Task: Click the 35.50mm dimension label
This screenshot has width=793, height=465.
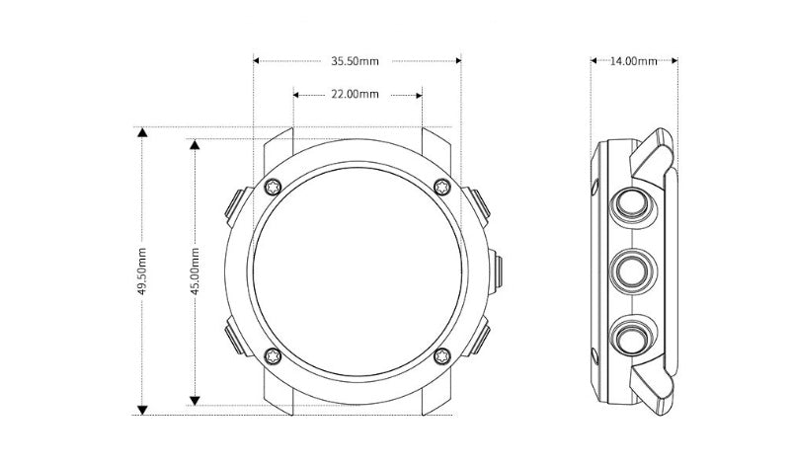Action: (355, 61)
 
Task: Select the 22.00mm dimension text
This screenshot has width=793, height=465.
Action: (355, 94)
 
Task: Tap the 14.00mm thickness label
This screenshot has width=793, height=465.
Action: (634, 61)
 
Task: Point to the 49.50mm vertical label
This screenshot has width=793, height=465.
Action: (142, 271)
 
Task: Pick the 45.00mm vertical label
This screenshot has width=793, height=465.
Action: (196, 271)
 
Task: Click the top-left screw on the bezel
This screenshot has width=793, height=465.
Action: (274, 187)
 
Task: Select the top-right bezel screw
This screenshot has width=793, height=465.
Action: (442, 187)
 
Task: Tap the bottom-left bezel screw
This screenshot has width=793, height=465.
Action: (274, 355)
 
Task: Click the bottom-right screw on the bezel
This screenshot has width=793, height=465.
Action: (442, 355)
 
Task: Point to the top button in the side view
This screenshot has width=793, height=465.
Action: (633, 205)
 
